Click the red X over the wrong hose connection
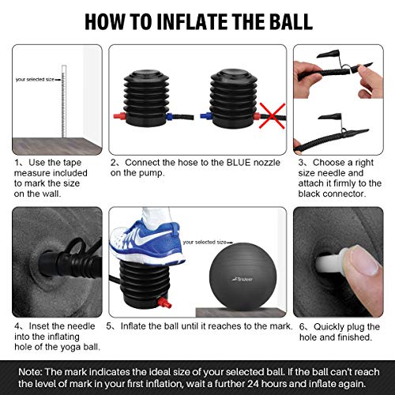[x=273, y=115]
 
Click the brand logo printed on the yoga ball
[x=243, y=279]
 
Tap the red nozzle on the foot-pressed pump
[x=165, y=302]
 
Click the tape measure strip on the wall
[x=64, y=101]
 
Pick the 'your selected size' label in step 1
[x=35, y=79]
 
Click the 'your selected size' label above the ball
[x=205, y=242]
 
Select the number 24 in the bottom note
[x=253, y=383]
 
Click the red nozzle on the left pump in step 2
[x=120, y=115]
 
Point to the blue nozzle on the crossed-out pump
[x=206, y=115]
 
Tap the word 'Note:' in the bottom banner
[x=30, y=372]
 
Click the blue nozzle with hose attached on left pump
[x=170, y=116]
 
